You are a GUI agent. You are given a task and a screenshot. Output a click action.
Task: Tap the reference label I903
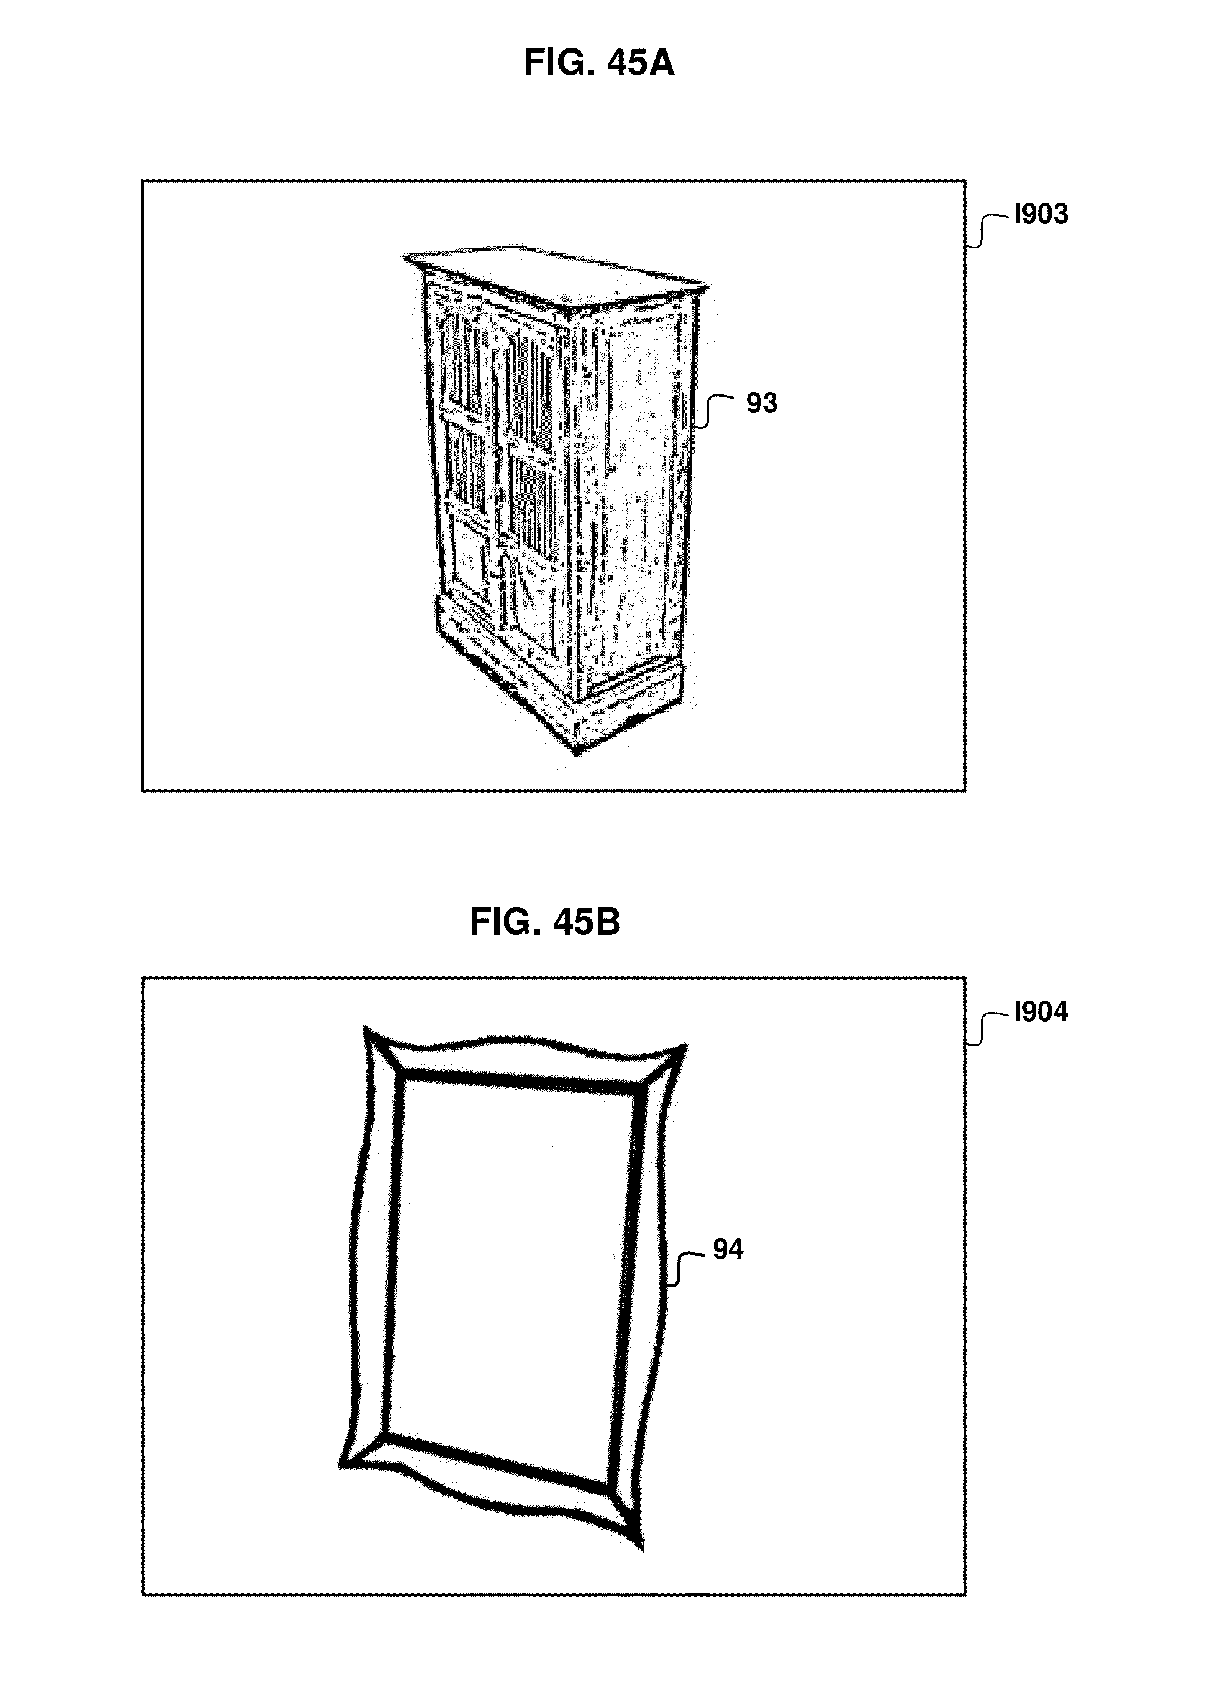(1041, 215)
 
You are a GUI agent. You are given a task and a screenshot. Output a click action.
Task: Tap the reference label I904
(1041, 1013)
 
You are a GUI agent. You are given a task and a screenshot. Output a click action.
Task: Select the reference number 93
(762, 403)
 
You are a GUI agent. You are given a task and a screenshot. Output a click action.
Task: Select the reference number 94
(727, 1249)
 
